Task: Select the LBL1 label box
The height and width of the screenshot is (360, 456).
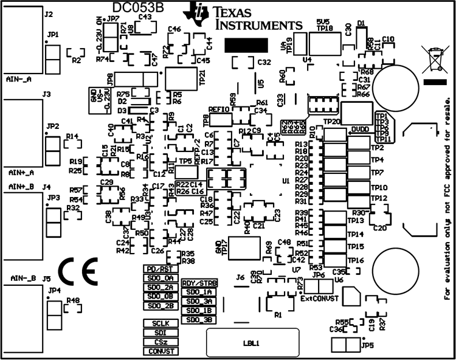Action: coord(252,343)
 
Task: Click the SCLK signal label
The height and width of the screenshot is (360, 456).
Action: coord(160,323)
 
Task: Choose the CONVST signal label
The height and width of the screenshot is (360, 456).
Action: coord(160,351)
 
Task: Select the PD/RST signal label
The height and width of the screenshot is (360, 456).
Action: coord(160,269)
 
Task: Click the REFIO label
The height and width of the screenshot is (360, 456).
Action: coord(219,109)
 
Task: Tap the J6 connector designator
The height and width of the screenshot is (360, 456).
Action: coord(240,277)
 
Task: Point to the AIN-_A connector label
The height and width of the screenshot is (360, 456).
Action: coord(19,79)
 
